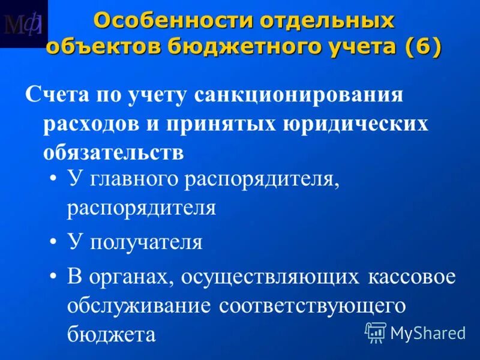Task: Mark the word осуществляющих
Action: tap(276, 277)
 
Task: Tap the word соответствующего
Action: tap(313, 305)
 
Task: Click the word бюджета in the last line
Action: tap(112, 334)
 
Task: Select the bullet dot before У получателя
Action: tap(55, 242)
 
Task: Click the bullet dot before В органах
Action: tap(55, 277)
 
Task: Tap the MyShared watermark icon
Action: tap(376, 331)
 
